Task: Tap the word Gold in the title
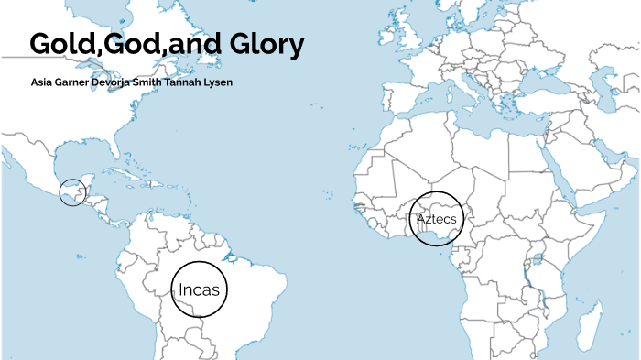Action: point(60,45)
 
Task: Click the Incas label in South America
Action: point(199,290)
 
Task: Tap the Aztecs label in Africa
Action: point(436,220)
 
